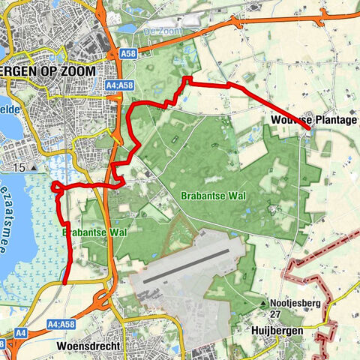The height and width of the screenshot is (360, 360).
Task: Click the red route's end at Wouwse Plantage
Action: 308,131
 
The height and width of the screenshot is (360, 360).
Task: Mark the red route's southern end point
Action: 65,283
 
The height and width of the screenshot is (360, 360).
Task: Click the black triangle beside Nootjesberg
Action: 265,304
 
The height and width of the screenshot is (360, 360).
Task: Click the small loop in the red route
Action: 57,187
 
